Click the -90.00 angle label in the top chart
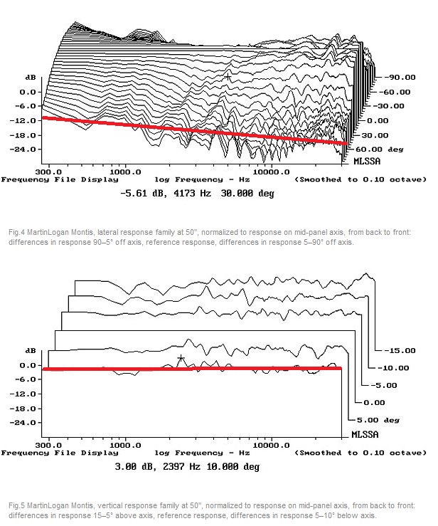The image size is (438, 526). coord(400,77)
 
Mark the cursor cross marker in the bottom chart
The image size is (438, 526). coord(181,358)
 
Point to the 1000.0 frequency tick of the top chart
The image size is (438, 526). coord(127,172)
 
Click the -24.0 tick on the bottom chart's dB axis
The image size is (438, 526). coord(26,423)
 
